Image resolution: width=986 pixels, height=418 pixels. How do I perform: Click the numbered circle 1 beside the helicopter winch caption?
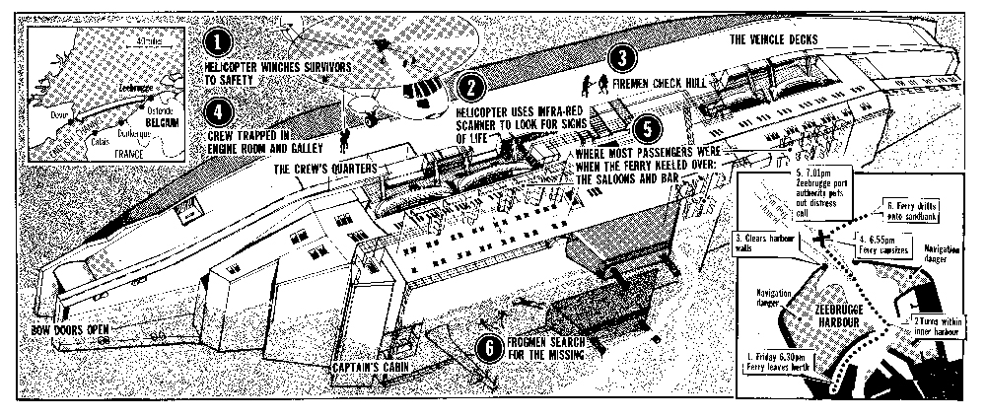point(220,43)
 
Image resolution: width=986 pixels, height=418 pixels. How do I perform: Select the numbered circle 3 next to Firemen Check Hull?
point(621,57)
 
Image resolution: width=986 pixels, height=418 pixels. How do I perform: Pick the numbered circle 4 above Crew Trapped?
point(221,107)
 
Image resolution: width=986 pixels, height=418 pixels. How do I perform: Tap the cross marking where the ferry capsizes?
point(824,238)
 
